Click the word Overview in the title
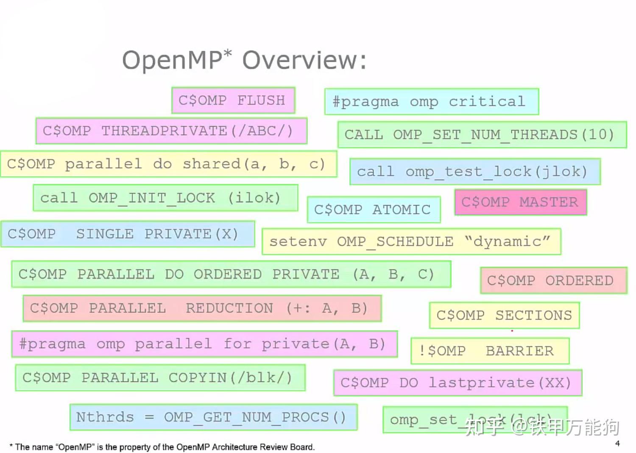pyautogui.click(x=304, y=60)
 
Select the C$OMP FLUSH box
pyautogui.click(x=233, y=101)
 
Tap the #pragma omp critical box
pyautogui.click(x=431, y=102)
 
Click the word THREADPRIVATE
pyautogui.click(x=165, y=131)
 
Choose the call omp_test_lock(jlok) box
pyautogui.click(x=474, y=171)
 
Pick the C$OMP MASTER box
pyautogui.click(x=520, y=202)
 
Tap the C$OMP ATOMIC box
pyautogui.click(x=373, y=210)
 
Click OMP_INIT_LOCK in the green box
pyautogui.click(x=152, y=198)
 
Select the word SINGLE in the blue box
pyautogui.click(x=105, y=234)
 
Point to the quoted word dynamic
pyautogui.click(x=507, y=241)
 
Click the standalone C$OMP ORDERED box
pyautogui.click(x=553, y=280)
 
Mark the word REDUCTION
pyautogui.click(x=229, y=308)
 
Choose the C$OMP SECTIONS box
pyautogui.click(x=504, y=315)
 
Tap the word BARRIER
pyautogui.click(x=519, y=351)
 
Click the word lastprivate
pyautogui.click(x=482, y=383)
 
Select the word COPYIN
pyautogui.click(x=198, y=377)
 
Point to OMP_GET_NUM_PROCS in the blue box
pyautogui.click(x=246, y=417)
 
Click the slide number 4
pyautogui.click(x=617, y=443)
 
